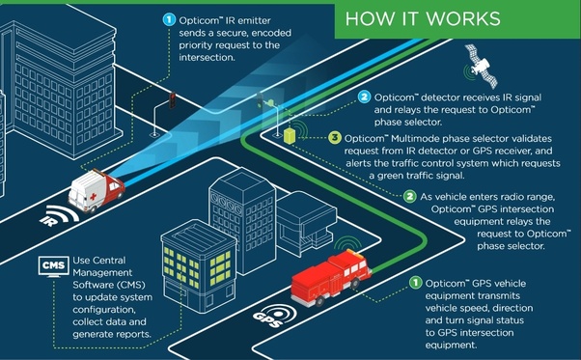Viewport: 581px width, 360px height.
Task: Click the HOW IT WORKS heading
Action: tap(423, 19)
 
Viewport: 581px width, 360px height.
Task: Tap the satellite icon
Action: tap(482, 67)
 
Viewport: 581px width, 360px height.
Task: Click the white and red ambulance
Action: tap(97, 190)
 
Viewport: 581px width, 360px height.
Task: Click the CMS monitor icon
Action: tap(54, 266)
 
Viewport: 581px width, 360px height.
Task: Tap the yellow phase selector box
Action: tap(289, 136)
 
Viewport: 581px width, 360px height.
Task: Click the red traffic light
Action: tap(173, 100)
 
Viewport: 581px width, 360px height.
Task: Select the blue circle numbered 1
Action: tap(169, 19)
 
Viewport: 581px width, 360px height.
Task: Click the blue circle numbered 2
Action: tap(364, 97)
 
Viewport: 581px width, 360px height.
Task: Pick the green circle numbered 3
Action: tap(335, 138)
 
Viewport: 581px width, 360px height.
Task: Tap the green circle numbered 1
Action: tap(415, 283)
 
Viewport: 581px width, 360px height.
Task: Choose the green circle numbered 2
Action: tap(410, 196)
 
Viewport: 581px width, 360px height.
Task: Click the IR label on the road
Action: tap(48, 221)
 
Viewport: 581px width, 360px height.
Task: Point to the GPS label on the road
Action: tap(266, 318)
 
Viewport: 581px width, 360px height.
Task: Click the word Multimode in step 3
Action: tap(415, 139)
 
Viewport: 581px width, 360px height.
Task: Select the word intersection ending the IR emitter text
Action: tap(206, 57)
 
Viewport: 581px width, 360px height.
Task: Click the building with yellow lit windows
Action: tap(199, 267)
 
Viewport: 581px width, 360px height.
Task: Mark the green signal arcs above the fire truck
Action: tap(347, 240)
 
